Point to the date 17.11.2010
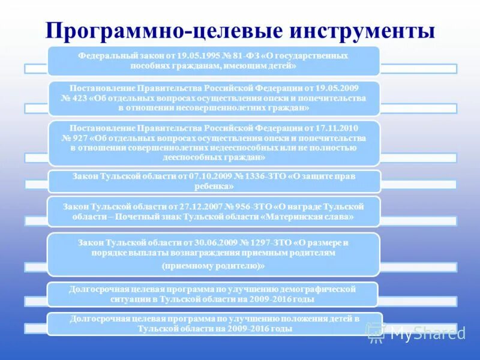click(340, 128)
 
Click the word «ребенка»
click(214, 187)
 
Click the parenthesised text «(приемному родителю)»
click(214, 265)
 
